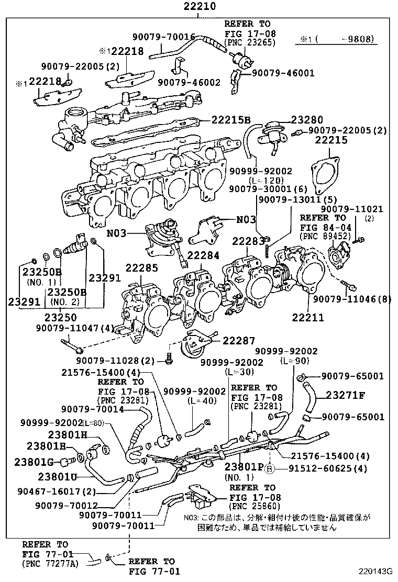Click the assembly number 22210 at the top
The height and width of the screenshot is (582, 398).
click(198, 7)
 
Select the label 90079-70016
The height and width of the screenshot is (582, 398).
click(163, 37)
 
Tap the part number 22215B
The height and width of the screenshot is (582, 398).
click(231, 119)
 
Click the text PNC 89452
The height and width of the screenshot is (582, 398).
click(320, 236)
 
